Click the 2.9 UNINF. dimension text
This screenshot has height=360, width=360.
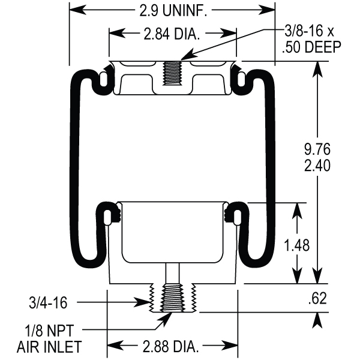(172, 10)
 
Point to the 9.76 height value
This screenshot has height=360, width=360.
(317, 149)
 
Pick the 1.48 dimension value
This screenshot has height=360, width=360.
(296, 245)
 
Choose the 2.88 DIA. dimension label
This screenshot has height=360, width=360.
(173, 346)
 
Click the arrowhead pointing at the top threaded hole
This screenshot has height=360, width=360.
(184, 59)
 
